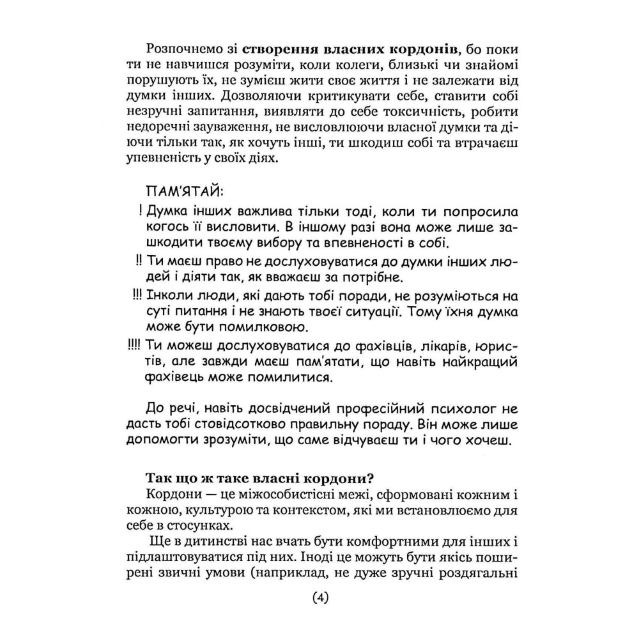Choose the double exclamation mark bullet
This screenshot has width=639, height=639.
[x=138, y=261]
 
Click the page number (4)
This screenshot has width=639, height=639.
[x=319, y=599]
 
